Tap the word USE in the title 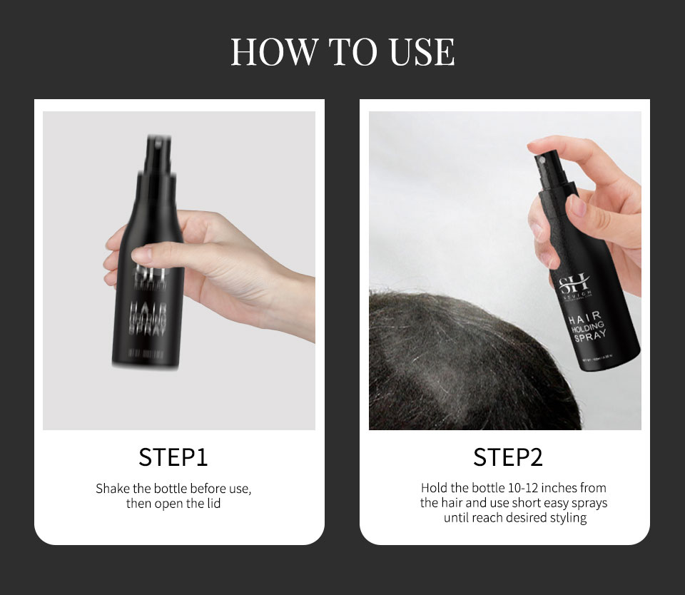422,52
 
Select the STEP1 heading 173,457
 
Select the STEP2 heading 507,457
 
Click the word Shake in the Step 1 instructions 112,489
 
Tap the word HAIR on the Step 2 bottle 584,315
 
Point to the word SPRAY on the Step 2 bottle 590,335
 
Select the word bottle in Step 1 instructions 168,489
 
